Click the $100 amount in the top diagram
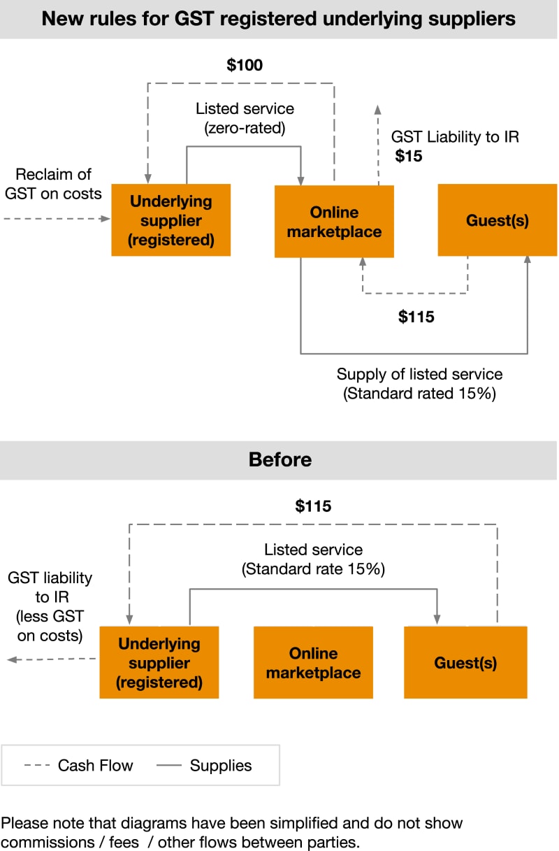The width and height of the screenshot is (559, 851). coord(245,65)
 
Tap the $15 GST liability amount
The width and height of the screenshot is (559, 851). coord(409,156)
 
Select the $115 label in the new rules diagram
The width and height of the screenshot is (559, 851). coord(416,317)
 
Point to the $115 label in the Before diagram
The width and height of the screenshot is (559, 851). coord(313,506)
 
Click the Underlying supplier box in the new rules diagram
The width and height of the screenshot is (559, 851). coord(171,220)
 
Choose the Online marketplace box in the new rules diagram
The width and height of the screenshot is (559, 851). coord(334,222)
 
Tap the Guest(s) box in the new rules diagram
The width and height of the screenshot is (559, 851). coord(498,220)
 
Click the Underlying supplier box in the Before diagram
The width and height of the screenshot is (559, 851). coord(159,662)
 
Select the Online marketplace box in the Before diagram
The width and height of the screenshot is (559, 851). coord(313,663)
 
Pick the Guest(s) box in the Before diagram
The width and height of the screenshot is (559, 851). coord(465,662)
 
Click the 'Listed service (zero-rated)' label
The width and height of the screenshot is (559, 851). coord(245,119)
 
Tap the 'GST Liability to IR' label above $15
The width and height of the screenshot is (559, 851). coord(455,136)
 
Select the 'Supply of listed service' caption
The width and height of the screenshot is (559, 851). coord(419,373)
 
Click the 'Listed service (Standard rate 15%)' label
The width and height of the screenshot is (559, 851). coord(313,559)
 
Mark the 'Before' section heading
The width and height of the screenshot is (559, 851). coord(279,459)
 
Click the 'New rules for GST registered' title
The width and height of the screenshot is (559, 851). coord(279,19)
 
